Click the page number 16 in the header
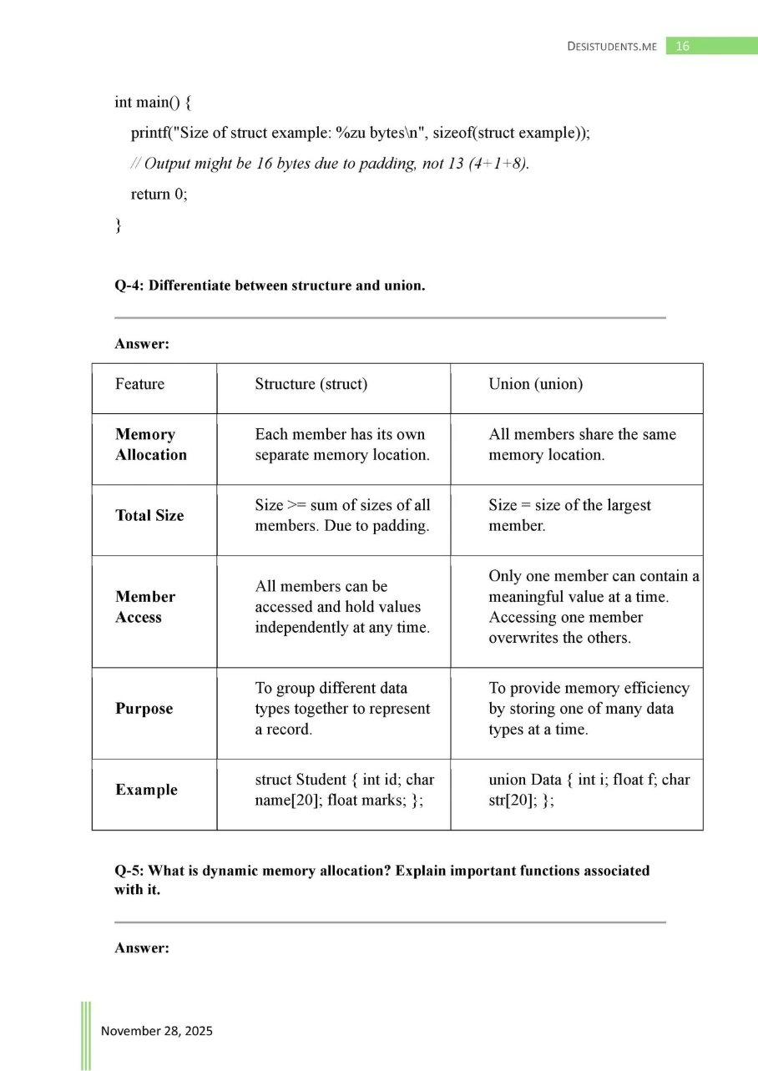click(x=682, y=47)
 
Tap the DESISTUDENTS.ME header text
click(x=611, y=47)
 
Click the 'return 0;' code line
click(x=159, y=194)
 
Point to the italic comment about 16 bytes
click(x=331, y=164)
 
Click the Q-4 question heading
click(x=270, y=285)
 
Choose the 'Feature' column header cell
click(x=139, y=384)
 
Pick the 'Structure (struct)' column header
click(x=311, y=384)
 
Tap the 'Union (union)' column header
click(x=535, y=384)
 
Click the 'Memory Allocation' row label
click(x=150, y=444)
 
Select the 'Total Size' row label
click(x=149, y=515)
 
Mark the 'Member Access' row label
click(x=145, y=607)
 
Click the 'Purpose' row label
click(x=144, y=708)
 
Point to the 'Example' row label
click(x=146, y=790)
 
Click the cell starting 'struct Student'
click(x=344, y=790)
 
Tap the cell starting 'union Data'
click(x=589, y=790)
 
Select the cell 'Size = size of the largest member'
click(x=569, y=516)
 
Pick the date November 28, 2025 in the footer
click(x=157, y=1031)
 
